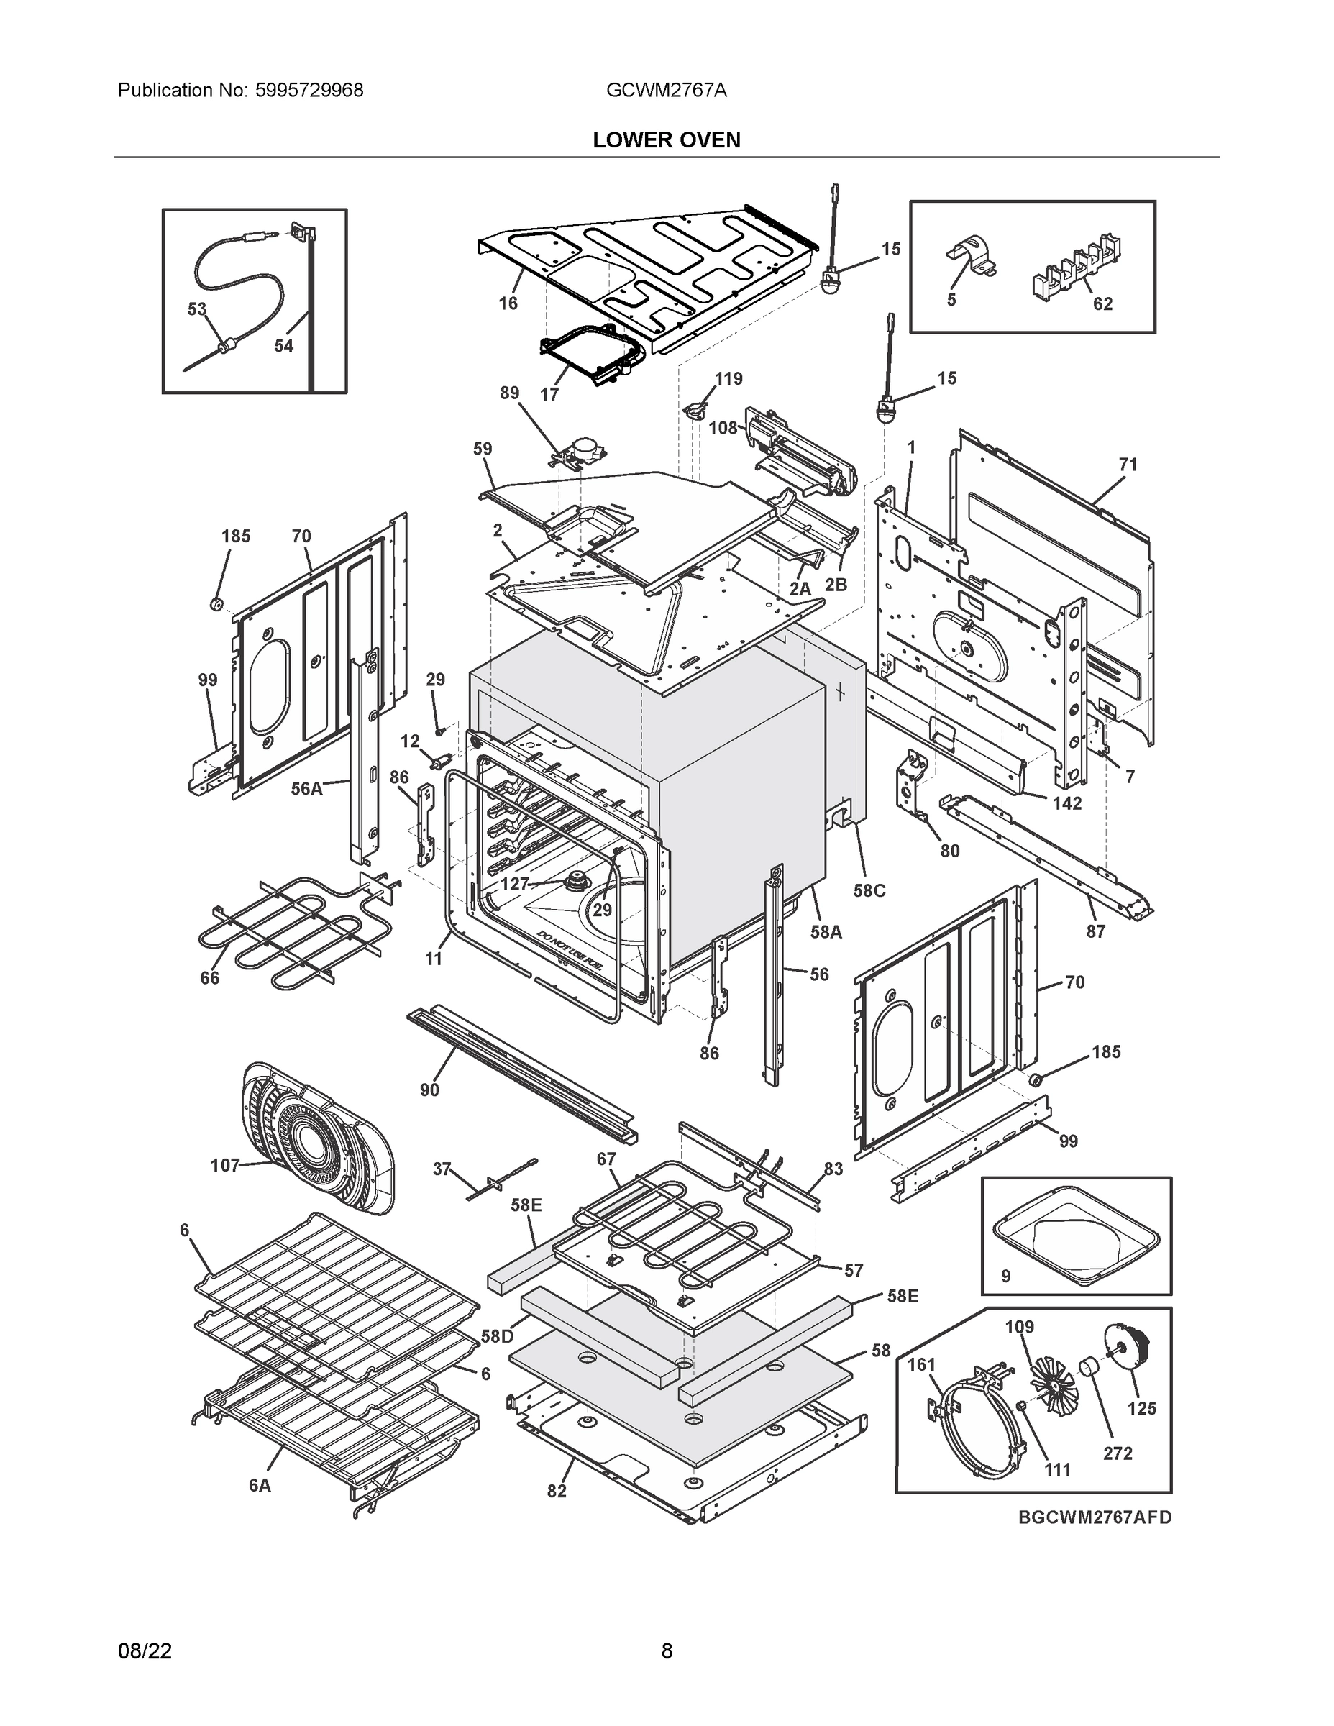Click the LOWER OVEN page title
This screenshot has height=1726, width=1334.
[x=666, y=140]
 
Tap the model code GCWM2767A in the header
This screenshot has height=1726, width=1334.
[x=666, y=90]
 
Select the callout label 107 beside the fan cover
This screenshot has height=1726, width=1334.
[x=224, y=1165]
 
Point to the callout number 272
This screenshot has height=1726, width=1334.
[x=1118, y=1453]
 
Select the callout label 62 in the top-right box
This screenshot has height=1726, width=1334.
[x=1102, y=303]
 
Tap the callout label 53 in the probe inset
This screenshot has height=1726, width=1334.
[x=197, y=309]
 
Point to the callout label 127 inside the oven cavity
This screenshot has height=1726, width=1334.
[x=514, y=884]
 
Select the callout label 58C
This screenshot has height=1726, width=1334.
[x=869, y=890]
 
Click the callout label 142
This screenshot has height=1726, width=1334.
[x=1067, y=803]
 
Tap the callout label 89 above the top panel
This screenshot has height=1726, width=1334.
[x=510, y=393]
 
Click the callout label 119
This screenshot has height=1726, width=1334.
[x=728, y=378]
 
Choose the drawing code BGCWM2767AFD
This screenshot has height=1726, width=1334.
[x=1095, y=1517]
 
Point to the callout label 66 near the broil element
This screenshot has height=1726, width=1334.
[x=209, y=977]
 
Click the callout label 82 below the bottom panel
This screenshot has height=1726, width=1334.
[x=557, y=1492]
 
